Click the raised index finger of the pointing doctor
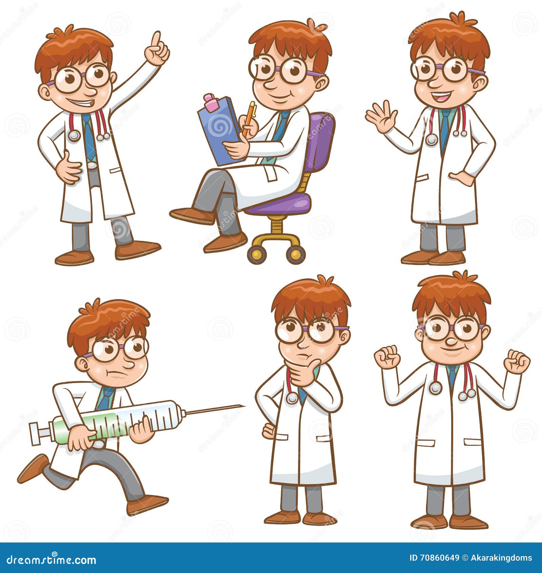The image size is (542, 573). tap(156, 39)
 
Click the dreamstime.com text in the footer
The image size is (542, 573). tap(51, 559)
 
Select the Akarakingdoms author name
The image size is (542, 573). tap(501, 558)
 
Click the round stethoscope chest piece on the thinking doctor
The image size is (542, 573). tap(291, 398)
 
